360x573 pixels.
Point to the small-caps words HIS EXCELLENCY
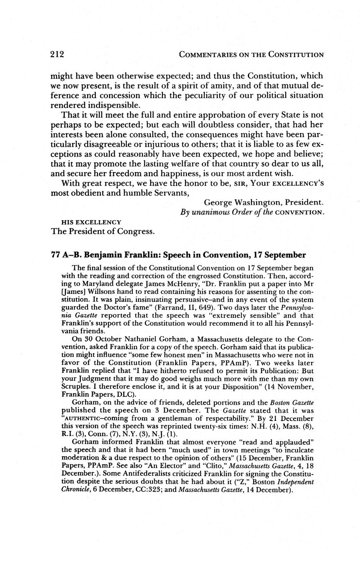(x=91, y=222)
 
